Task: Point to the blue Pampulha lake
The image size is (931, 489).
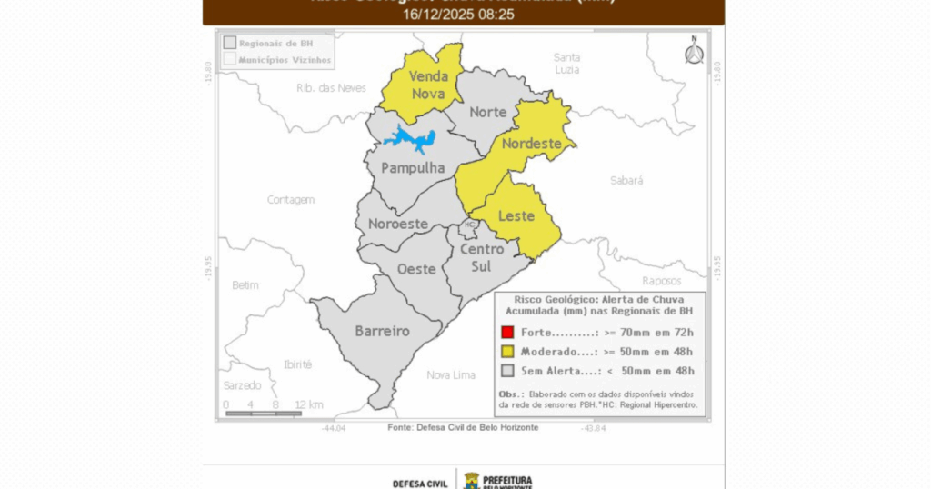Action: pos(405,140)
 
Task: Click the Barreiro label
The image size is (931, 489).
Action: pos(382,331)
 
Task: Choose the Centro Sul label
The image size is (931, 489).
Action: pos(482,257)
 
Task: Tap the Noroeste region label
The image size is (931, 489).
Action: pos(398,224)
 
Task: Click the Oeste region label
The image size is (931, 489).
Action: pos(416,269)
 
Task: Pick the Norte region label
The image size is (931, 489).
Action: pos(488,112)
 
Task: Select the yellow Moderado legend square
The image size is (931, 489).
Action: pos(508,352)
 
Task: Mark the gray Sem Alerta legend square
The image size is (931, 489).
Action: pos(508,370)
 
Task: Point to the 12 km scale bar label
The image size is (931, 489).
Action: pos(308,404)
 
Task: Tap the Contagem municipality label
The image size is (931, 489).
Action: pos(291,199)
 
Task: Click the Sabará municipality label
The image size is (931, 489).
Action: pos(626,181)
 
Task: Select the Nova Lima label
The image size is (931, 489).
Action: pos(451,374)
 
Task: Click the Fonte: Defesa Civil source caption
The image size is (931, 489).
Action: pos(463,427)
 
